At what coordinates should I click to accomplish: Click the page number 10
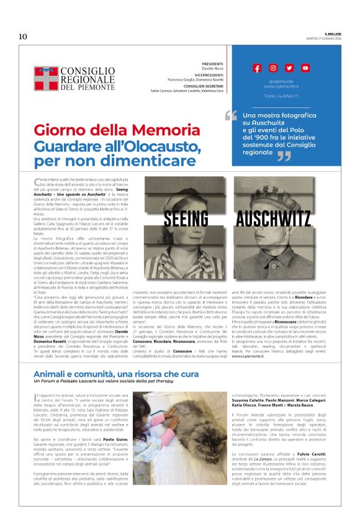pyautogui.click(x=23, y=36)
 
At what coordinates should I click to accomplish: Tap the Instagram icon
pyautogui.click(x=273, y=68)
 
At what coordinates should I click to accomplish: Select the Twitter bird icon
pyautogui.click(x=289, y=68)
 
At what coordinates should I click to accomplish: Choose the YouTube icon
pyautogui.click(x=305, y=68)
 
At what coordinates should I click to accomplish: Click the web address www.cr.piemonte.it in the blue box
pyautogui.click(x=281, y=86)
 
